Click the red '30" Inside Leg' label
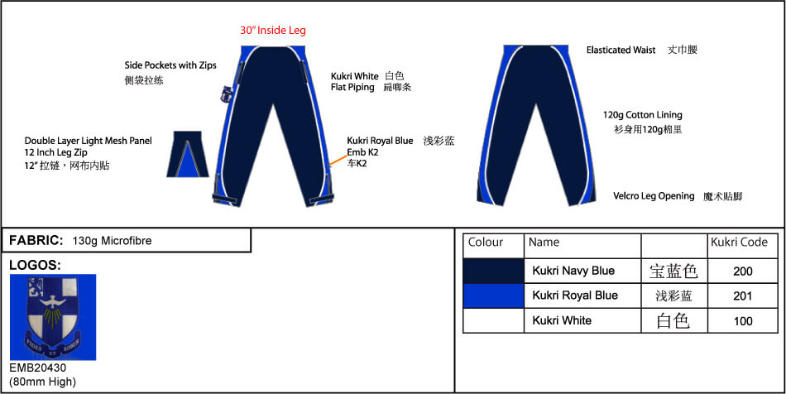click(x=273, y=30)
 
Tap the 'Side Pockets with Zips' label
click(x=170, y=65)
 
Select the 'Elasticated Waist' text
click(x=621, y=50)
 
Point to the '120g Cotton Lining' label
click(x=643, y=115)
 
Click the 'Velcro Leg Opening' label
click(x=654, y=196)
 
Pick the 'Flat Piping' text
click(x=352, y=87)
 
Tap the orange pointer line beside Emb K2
click(x=338, y=160)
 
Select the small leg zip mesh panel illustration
click(x=188, y=154)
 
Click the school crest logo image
click(x=53, y=317)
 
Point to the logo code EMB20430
click(x=37, y=368)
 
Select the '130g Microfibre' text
click(x=112, y=241)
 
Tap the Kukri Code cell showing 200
click(x=742, y=271)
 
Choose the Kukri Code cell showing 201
click(x=742, y=295)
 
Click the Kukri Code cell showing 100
click(x=742, y=320)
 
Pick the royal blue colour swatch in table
click(x=493, y=295)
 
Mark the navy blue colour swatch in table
click(x=493, y=271)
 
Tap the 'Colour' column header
click(x=485, y=243)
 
